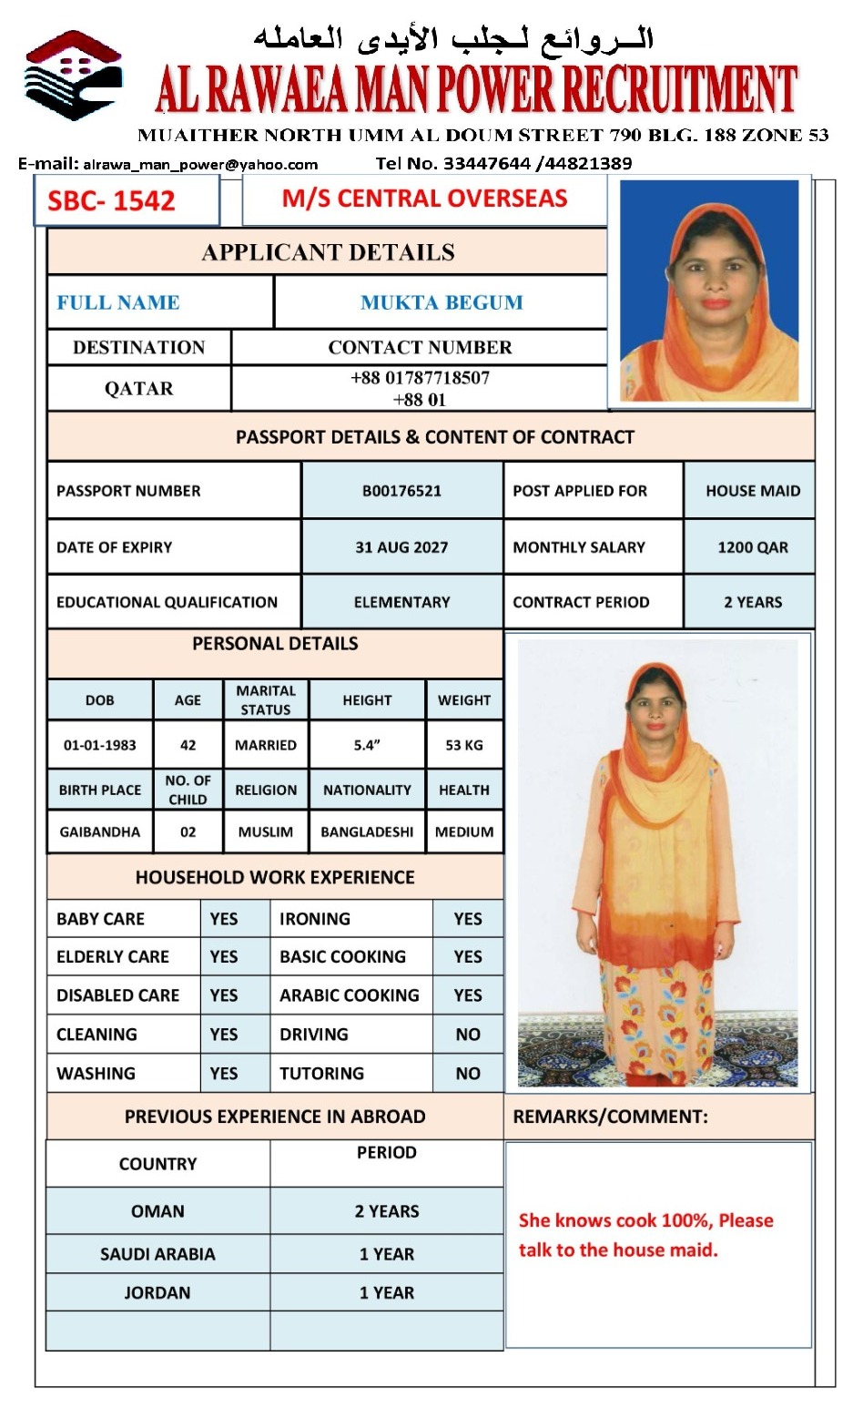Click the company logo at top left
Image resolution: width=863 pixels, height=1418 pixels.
[x=74, y=77]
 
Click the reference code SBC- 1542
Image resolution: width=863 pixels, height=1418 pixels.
[x=111, y=200]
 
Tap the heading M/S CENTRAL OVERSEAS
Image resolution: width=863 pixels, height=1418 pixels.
[x=424, y=199]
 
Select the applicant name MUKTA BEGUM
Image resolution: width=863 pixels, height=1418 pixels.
[x=442, y=302]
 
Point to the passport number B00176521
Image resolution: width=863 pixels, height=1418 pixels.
[x=401, y=491]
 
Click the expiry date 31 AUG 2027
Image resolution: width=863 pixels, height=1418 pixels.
[x=401, y=547]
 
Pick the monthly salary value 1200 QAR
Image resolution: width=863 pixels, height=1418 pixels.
[x=753, y=547]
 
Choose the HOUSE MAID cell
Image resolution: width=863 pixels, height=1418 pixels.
[x=753, y=491]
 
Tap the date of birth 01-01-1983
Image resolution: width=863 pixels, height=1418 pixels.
[x=100, y=745]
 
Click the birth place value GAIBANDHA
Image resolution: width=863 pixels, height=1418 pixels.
[x=100, y=831]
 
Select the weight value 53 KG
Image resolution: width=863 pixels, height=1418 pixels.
[x=464, y=745]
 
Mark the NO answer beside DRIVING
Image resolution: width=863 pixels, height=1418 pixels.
[x=468, y=1035]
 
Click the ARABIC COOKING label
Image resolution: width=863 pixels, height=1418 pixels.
[x=350, y=995]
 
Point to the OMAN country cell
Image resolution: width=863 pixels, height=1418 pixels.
[x=157, y=1211]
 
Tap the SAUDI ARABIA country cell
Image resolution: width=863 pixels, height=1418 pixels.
[x=157, y=1254]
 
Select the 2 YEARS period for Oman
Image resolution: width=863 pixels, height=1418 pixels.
[x=387, y=1211]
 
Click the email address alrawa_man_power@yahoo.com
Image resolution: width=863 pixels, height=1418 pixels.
[x=200, y=165]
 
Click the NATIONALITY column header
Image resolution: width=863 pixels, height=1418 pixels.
[x=367, y=791]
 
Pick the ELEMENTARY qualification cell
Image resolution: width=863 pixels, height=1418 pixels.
[x=401, y=602]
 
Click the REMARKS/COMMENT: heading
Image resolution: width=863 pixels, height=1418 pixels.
[x=610, y=1117]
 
